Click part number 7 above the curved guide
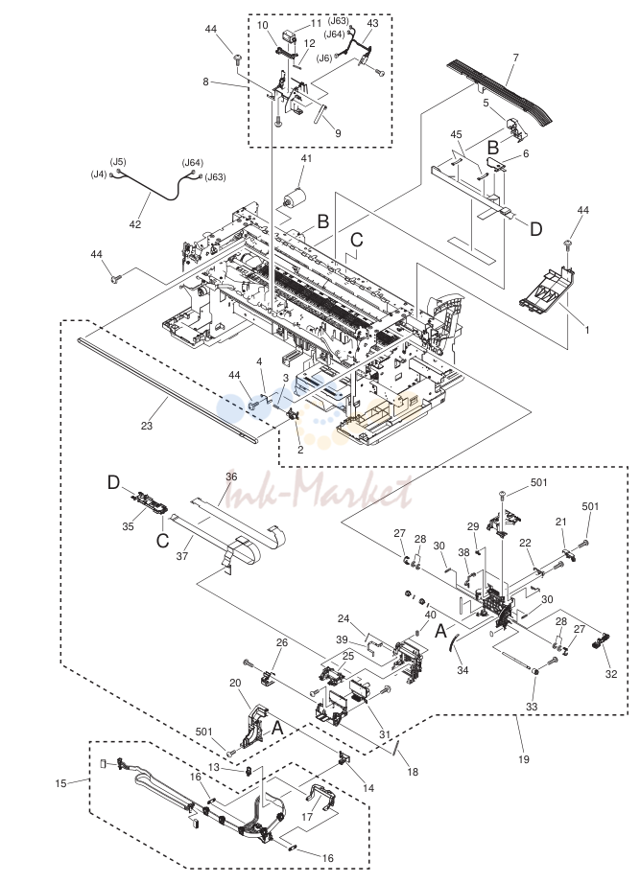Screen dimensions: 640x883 (515, 58)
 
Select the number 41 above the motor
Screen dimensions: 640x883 (306, 159)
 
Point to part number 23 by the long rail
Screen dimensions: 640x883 (147, 426)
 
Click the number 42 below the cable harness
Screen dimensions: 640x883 (135, 224)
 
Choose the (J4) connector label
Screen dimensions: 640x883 (99, 174)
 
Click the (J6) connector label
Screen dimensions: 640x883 (324, 58)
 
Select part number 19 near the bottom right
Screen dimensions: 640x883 (524, 759)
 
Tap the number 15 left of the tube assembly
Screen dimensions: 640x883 (60, 783)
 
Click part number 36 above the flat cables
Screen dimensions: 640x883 (231, 476)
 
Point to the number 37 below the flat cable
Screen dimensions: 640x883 (182, 556)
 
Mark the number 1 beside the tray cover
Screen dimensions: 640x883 (586, 330)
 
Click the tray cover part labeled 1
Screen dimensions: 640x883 (547, 289)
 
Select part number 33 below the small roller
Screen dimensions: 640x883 (532, 707)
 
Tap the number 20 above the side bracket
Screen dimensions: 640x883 (235, 683)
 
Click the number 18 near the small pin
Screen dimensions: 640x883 (413, 772)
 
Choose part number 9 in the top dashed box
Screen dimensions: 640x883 (338, 133)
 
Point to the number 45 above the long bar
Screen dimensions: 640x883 (457, 134)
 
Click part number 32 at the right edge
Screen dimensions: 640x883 (611, 673)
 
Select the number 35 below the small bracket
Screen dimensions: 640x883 (128, 526)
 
